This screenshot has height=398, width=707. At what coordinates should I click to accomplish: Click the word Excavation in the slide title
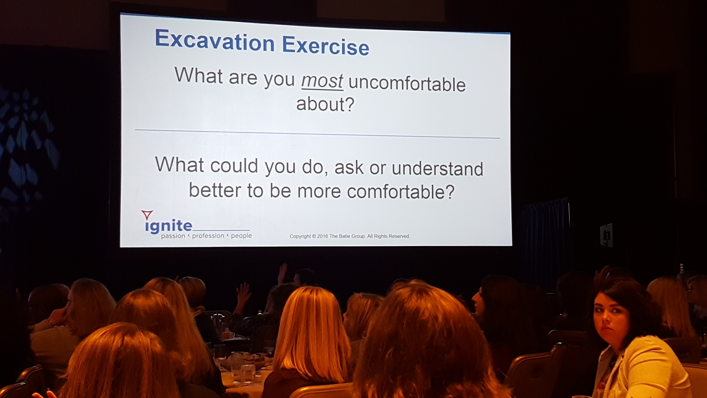click(215, 41)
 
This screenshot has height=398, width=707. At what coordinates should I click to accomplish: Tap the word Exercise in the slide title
click(326, 45)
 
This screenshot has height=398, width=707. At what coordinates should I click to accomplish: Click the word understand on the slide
click(438, 168)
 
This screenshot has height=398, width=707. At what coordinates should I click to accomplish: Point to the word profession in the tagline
click(208, 236)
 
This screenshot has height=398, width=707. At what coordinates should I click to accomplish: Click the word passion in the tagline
click(173, 236)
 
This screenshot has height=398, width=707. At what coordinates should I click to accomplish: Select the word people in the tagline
click(241, 236)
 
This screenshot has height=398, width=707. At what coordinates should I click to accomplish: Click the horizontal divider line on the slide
click(317, 134)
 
